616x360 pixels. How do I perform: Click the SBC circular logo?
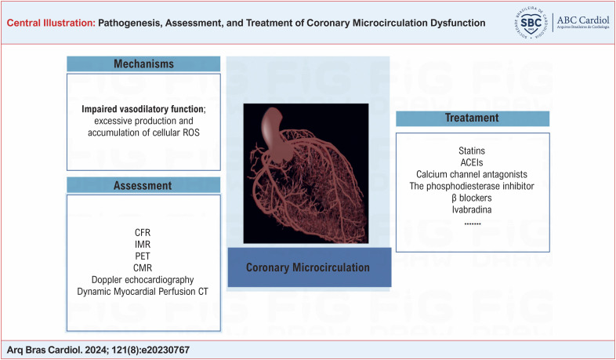pos(531,23)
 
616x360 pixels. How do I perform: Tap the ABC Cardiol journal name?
pos(583,20)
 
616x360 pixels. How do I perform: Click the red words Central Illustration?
pos(51,23)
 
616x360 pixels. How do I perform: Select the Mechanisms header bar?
pos(143,64)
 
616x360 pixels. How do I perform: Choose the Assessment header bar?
pos(143,185)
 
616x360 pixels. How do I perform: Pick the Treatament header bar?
pos(473,118)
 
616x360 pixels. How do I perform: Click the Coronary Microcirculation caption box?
pos(310,267)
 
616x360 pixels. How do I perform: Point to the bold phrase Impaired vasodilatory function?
pos(143,109)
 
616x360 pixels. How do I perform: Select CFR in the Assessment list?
pos(143,232)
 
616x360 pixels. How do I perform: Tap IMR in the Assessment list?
pos(143,244)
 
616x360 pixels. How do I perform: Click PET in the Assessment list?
pos(143,256)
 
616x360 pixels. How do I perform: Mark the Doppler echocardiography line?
pos(143,279)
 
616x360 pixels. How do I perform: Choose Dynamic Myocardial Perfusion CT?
pos(143,291)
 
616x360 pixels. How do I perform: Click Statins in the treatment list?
pos(472,151)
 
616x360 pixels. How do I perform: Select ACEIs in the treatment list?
pos(472,162)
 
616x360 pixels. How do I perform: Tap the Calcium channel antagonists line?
pos(472,174)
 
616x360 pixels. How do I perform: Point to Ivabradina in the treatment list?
pos(472,209)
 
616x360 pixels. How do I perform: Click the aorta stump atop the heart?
pos(276,133)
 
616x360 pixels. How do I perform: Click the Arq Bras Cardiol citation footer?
pos(98,350)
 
